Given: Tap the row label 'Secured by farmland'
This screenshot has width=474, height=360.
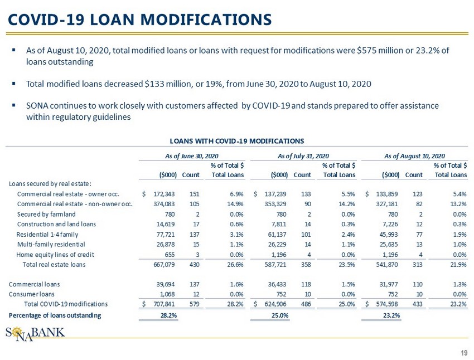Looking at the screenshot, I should pyautogui.click(x=46, y=214).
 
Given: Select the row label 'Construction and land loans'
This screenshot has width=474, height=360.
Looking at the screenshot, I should pyautogui.click(x=57, y=224).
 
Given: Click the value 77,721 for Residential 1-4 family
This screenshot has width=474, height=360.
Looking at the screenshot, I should pyautogui.click(x=166, y=234).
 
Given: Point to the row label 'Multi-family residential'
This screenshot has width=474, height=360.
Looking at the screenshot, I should pyautogui.click(x=52, y=244).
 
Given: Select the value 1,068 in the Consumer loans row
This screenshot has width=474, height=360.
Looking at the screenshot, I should pyautogui.click(x=168, y=294).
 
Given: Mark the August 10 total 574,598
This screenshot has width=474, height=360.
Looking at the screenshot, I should pyautogui.click(x=386, y=304).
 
